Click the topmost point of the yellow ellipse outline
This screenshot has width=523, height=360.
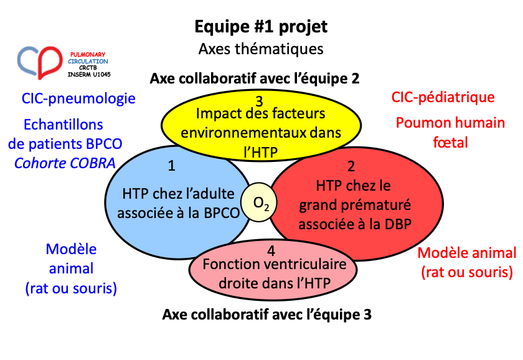pyautogui.click(x=261, y=90)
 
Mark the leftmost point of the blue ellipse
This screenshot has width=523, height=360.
pyautogui.click(x=105, y=202)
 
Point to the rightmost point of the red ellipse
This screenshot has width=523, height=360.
pyautogui.click(x=443, y=204)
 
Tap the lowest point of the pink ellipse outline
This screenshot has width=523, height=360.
pyautogui.click(x=273, y=300)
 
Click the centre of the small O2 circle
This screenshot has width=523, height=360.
pyautogui.click(x=259, y=202)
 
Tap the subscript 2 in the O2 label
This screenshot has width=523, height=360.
pyautogui.click(x=266, y=207)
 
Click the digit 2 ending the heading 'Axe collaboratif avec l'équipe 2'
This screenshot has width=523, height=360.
pyautogui.click(x=356, y=78)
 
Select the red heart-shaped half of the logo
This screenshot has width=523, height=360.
pyautogui.click(x=50, y=62)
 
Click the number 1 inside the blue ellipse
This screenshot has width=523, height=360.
pyautogui.click(x=171, y=166)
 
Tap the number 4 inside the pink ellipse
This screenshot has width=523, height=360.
pyautogui.click(x=271, y=250)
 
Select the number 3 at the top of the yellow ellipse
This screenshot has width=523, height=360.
pyautogui.click(x=259, y=101)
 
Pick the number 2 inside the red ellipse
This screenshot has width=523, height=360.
pyautogui.click(x=351, y=166)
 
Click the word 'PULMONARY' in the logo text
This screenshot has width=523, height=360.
pyautogui.click(x=88, y=54)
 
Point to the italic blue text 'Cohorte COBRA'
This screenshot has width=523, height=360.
pyautogui.click(x=65, y=163)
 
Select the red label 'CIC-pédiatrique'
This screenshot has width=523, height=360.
pyautogui.click(x=443, y=97)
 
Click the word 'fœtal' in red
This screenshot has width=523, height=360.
pyautogui.click(x=450, y=143)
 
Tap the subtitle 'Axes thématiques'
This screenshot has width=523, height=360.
pyautogui.click(x=261, y=49)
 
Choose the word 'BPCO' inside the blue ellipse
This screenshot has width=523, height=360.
pyautogui.click(x=222, y=213)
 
